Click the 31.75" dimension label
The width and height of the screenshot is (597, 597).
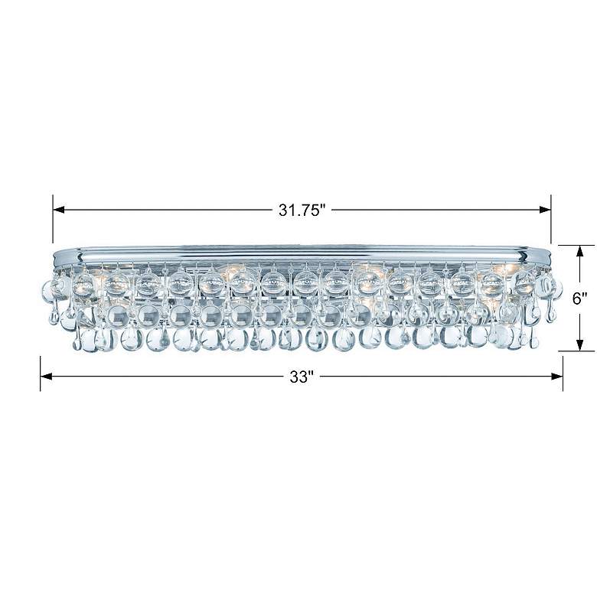(x=303, y=210)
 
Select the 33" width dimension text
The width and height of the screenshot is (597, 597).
(x=302, y=377)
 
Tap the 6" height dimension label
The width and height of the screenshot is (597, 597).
(x=580, y=298)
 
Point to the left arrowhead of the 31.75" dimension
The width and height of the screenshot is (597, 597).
(x=59, y=210)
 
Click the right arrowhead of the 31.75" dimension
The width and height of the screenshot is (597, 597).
(x=545, y=210)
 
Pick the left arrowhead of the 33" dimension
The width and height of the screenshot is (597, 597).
(x=46, y=377)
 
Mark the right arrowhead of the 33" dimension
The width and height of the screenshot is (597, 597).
(x=557, y=377)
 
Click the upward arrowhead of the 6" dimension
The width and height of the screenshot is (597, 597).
(x=580, y=251)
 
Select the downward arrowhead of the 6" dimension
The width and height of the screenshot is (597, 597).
(x=580, y=345)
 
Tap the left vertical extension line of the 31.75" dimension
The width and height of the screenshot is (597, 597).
(x=53, y=219)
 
